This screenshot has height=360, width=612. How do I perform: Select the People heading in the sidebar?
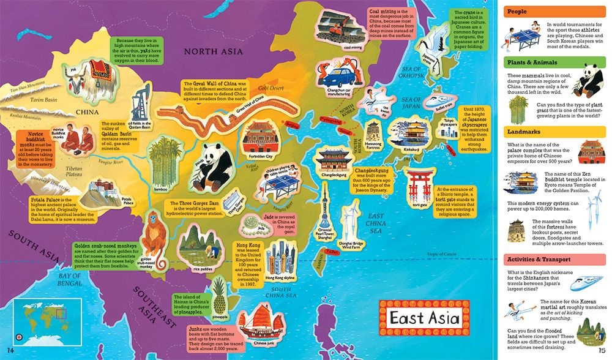coord(515,11)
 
